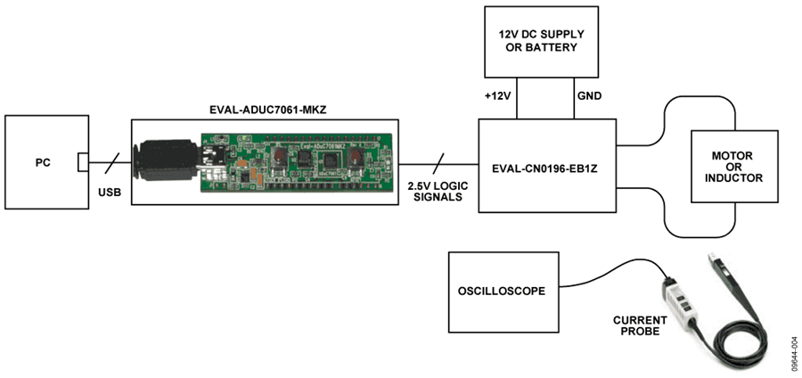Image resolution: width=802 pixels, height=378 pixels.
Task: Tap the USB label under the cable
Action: [x=110, y=193]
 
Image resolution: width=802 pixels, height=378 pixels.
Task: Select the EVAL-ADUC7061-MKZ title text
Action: [x=265, y=111]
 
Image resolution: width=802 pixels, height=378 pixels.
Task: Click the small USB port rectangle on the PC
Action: [x=83, y=163]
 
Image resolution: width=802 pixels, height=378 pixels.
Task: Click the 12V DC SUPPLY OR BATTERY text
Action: [x=541, y=41]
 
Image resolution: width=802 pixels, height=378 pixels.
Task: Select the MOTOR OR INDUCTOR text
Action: [x=734, y=166]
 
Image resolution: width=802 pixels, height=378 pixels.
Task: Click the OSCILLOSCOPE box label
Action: [x=501, y=292]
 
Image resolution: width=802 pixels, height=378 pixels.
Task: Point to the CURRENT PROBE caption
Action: [x=640, y=325]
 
